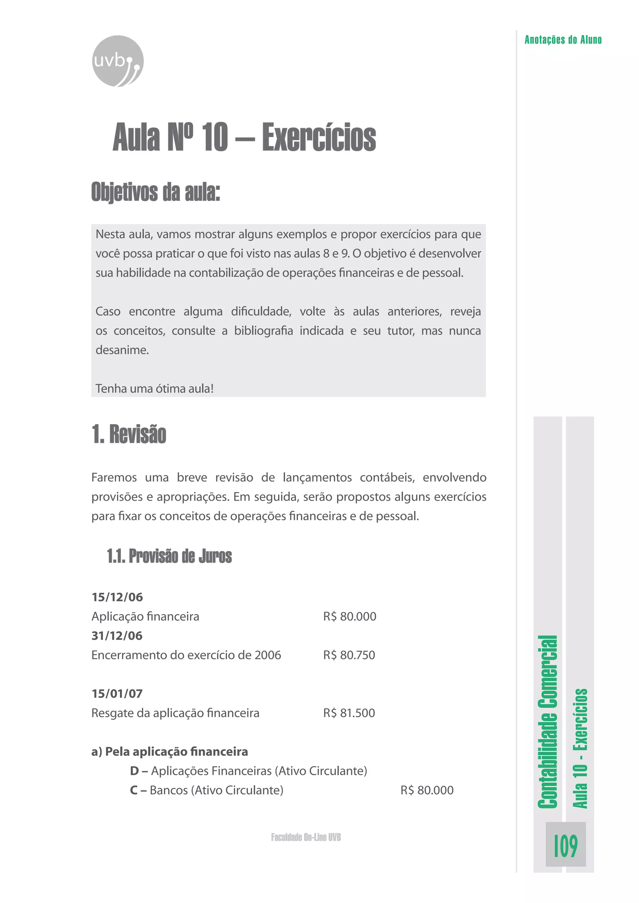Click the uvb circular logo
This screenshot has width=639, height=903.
(118, 61)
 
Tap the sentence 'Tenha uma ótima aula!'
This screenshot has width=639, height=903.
(154, 389)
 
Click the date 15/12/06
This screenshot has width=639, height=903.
(117, 597)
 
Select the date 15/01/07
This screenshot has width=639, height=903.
(117, 693)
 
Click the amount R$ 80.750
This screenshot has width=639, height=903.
(349, 655)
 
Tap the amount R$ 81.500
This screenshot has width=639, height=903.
(349, 713)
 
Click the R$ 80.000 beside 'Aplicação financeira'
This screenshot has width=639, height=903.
(349, 616)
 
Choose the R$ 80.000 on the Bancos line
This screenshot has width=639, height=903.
(427, 790)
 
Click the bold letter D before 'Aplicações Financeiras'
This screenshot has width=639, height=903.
(134, 771)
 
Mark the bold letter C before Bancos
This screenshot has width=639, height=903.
(134, 790)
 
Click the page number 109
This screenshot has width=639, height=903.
(565, 846)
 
